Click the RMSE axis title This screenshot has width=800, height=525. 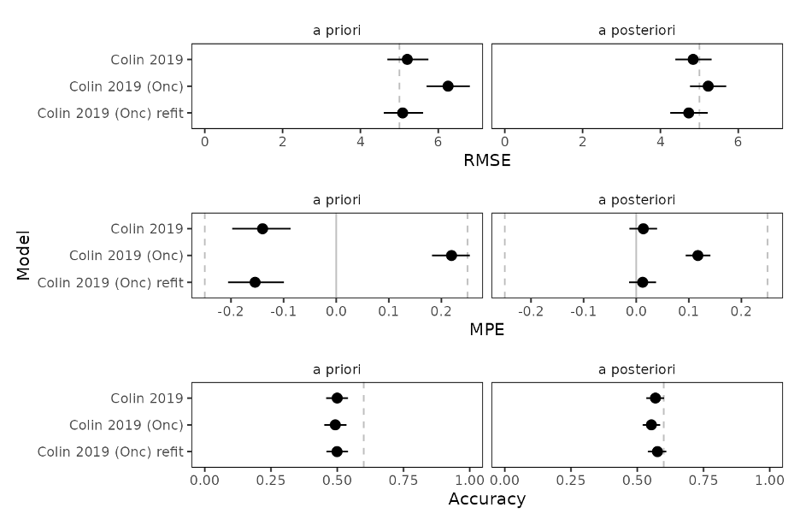tap(486, 160)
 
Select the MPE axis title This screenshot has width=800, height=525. tap(486, 329)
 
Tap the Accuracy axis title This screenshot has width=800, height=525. tap(486, 498)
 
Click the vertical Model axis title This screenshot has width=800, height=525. tap(24, 255)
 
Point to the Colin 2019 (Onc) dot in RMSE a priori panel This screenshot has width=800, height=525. tap(448, 86)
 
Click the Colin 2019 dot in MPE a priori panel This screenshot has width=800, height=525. tap(262, 228)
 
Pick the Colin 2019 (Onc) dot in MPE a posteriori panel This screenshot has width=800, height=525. tap(697, 256)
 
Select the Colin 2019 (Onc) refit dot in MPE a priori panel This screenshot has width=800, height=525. tap(255, 282)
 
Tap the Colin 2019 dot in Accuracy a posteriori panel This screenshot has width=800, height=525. tap(656, 398)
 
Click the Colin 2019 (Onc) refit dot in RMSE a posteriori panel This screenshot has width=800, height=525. tap(688, 113)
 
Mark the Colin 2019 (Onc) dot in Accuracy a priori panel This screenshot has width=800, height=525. tap(335, 425)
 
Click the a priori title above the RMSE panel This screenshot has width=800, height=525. tap(337, 31)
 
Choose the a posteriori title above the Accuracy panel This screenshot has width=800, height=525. tap(637, 369)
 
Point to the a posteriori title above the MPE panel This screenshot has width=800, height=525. tap(637, 200)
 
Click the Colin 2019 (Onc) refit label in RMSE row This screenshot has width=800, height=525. tap(110, 113)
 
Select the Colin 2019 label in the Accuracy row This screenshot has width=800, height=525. tap(146, 398)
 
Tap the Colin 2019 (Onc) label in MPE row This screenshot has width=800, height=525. tap(126, 256)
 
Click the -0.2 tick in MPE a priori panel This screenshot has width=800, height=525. tap(230, 311)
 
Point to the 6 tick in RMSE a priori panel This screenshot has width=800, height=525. tap(438, 142)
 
